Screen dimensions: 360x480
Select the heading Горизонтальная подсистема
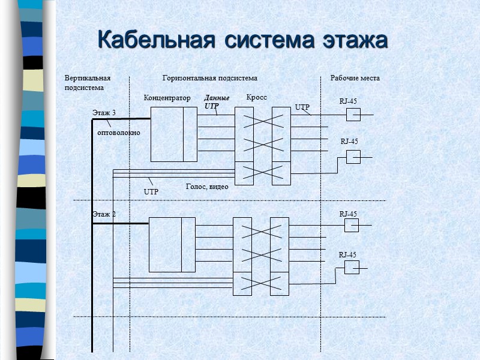210,78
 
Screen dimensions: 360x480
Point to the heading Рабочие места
355,78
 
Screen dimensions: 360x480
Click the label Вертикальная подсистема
88,83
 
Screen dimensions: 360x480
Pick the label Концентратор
167,98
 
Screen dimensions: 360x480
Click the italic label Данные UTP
217,102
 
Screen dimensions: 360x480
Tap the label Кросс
256,97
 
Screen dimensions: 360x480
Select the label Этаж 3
104,113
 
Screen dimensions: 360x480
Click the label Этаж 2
104,214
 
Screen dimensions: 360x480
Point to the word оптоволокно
119,133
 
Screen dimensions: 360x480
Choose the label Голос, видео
207,187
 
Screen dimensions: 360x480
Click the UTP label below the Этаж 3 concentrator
151,191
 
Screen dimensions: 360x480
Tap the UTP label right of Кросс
302,107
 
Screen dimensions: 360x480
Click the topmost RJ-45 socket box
353,115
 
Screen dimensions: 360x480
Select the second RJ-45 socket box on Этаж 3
353,157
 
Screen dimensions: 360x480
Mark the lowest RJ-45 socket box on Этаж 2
352,268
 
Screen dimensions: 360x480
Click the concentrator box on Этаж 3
173,134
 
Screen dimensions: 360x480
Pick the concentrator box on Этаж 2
172,236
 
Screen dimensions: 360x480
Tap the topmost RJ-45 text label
349,101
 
